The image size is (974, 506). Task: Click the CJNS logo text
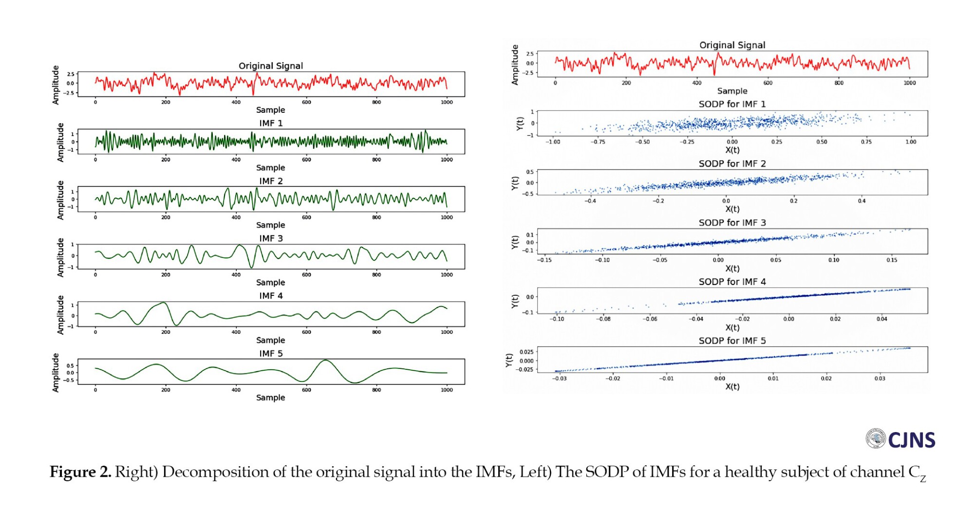click(x=911, y=440)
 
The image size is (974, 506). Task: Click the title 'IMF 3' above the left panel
click(x=271, y=238)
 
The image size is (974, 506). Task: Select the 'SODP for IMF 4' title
click(x=732, y=282)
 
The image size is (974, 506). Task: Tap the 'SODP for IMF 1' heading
click(x=732, y=104)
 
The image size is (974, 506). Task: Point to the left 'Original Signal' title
click(x=271, y=66)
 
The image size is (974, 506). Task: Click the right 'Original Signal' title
click(x=732, y=45)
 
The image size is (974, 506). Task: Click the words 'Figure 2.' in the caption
click(x=80, y=472)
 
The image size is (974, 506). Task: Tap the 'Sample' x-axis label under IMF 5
click(x=271, y=398)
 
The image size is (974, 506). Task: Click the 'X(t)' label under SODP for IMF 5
click(x=732, y=387)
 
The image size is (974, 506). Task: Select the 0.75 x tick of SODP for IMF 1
click(x=866, y=142)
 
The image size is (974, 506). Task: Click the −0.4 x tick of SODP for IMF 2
click(x=590, y=201)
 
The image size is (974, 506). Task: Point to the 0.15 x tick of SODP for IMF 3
click(x=891, y=260)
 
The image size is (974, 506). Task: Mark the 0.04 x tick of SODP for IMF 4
click(x=881, y=319)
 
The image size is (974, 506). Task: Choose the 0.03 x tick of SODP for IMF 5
click(x=880, y=379)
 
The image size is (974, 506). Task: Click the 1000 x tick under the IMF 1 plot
click(x=447, y=160)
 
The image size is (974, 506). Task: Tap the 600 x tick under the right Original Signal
click(x=768, y=83)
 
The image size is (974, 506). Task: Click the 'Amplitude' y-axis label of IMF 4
click(x=60, y=315)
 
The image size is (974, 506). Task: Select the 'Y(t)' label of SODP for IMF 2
click(x=515, y=183)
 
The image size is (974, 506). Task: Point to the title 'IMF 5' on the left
click(x=271, y=354)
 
